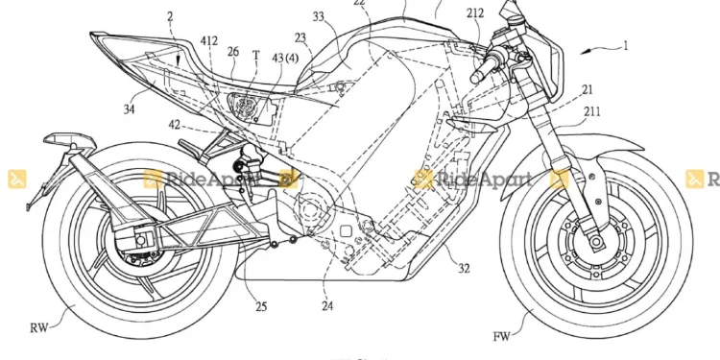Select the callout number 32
click(464, 271)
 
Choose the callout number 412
click(208, 41)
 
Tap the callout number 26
click(232, 51)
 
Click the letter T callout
click(255, 55)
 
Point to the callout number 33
click(319, 16)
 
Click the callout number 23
click(300, 38)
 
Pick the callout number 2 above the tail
click(169, 17)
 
